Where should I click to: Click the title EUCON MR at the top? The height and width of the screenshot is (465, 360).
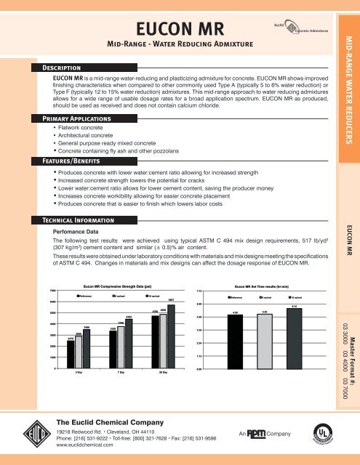click(180, 30)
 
